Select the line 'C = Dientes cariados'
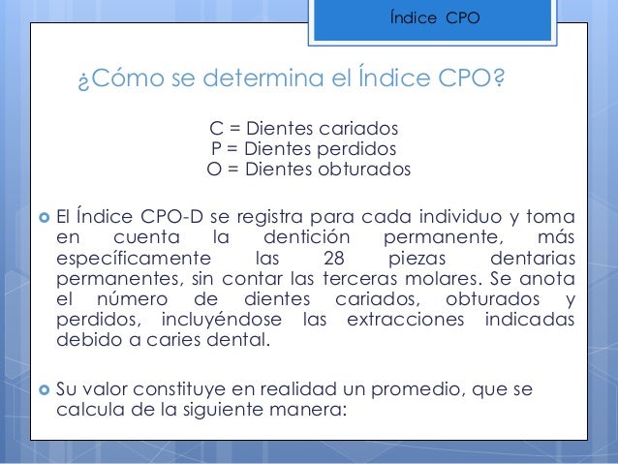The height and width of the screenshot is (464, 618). (x=304, y=130)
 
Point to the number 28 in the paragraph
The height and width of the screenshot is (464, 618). (x=328, y=258)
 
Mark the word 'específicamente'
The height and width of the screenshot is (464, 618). (x=134, y=258)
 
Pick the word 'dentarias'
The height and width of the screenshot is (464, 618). (x=532, y=258)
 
